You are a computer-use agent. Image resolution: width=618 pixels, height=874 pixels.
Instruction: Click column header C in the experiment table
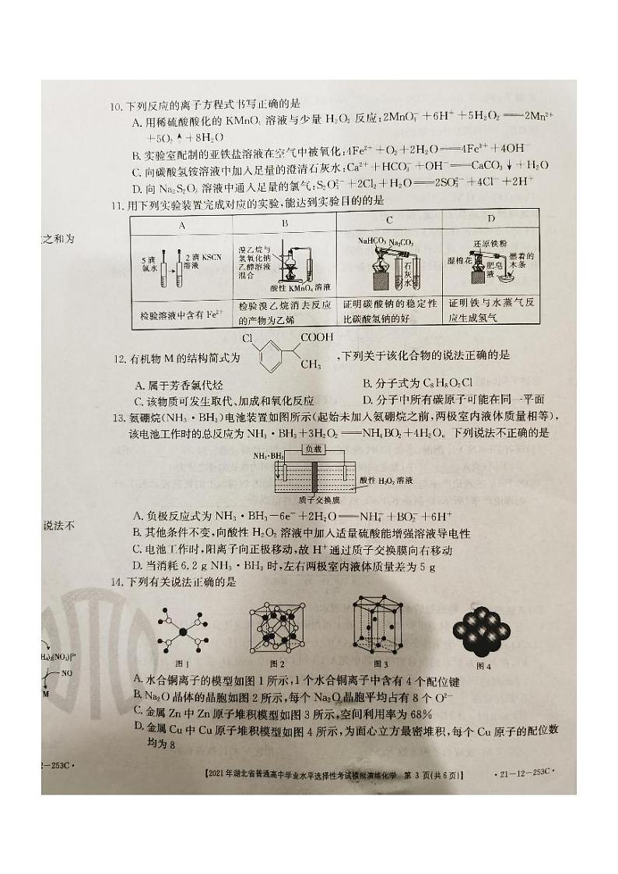[388, 220]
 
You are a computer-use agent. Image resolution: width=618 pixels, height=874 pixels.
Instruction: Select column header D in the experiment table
[491, 220]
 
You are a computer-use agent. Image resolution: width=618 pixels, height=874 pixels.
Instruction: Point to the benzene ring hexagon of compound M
[269, 362]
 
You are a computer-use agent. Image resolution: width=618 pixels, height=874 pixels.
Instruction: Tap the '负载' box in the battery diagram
[312, 449]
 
